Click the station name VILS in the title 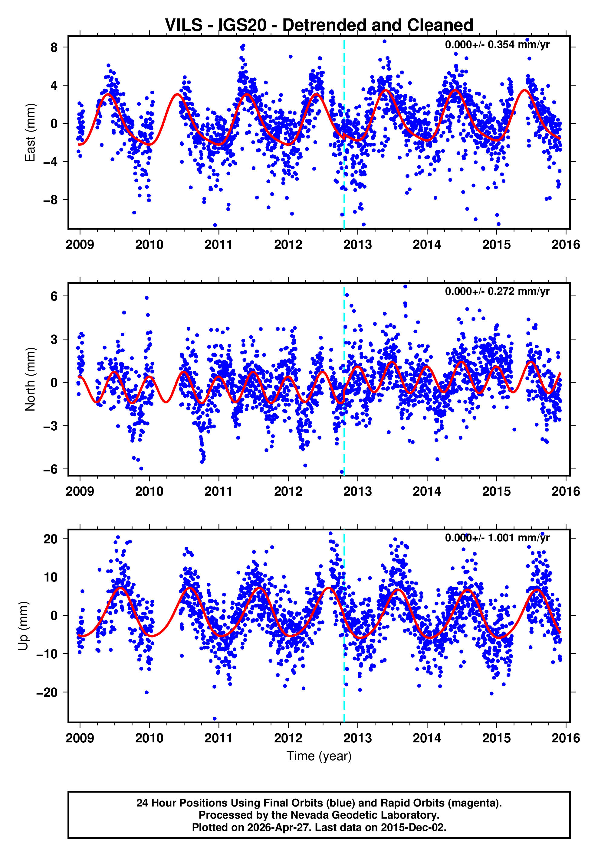pos(183,25)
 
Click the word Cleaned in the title pos(440,25)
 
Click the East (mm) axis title pos(30,132)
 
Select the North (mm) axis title pos(30,379)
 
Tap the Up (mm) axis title pos(23,626)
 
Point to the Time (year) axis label pos(319,756)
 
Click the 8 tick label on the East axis pos(54,47)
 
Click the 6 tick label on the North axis pos(54,296)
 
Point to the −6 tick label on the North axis pos(51,469)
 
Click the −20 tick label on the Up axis pos(47,692)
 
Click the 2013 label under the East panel pos(357,245)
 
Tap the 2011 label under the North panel pos(218,492)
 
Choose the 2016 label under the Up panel pos(566,738)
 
